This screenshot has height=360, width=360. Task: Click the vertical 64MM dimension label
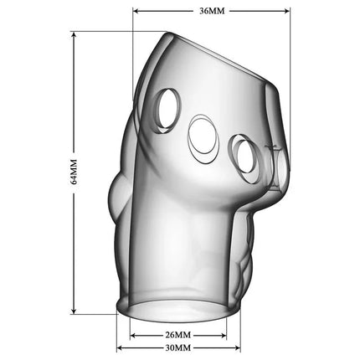coord(73,174)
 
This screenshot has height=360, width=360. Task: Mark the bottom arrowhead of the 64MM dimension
coord(74,313)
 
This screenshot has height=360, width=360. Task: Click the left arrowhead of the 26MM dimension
coord(132,330)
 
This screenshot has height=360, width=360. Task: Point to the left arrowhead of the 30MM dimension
coord(121,347)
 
